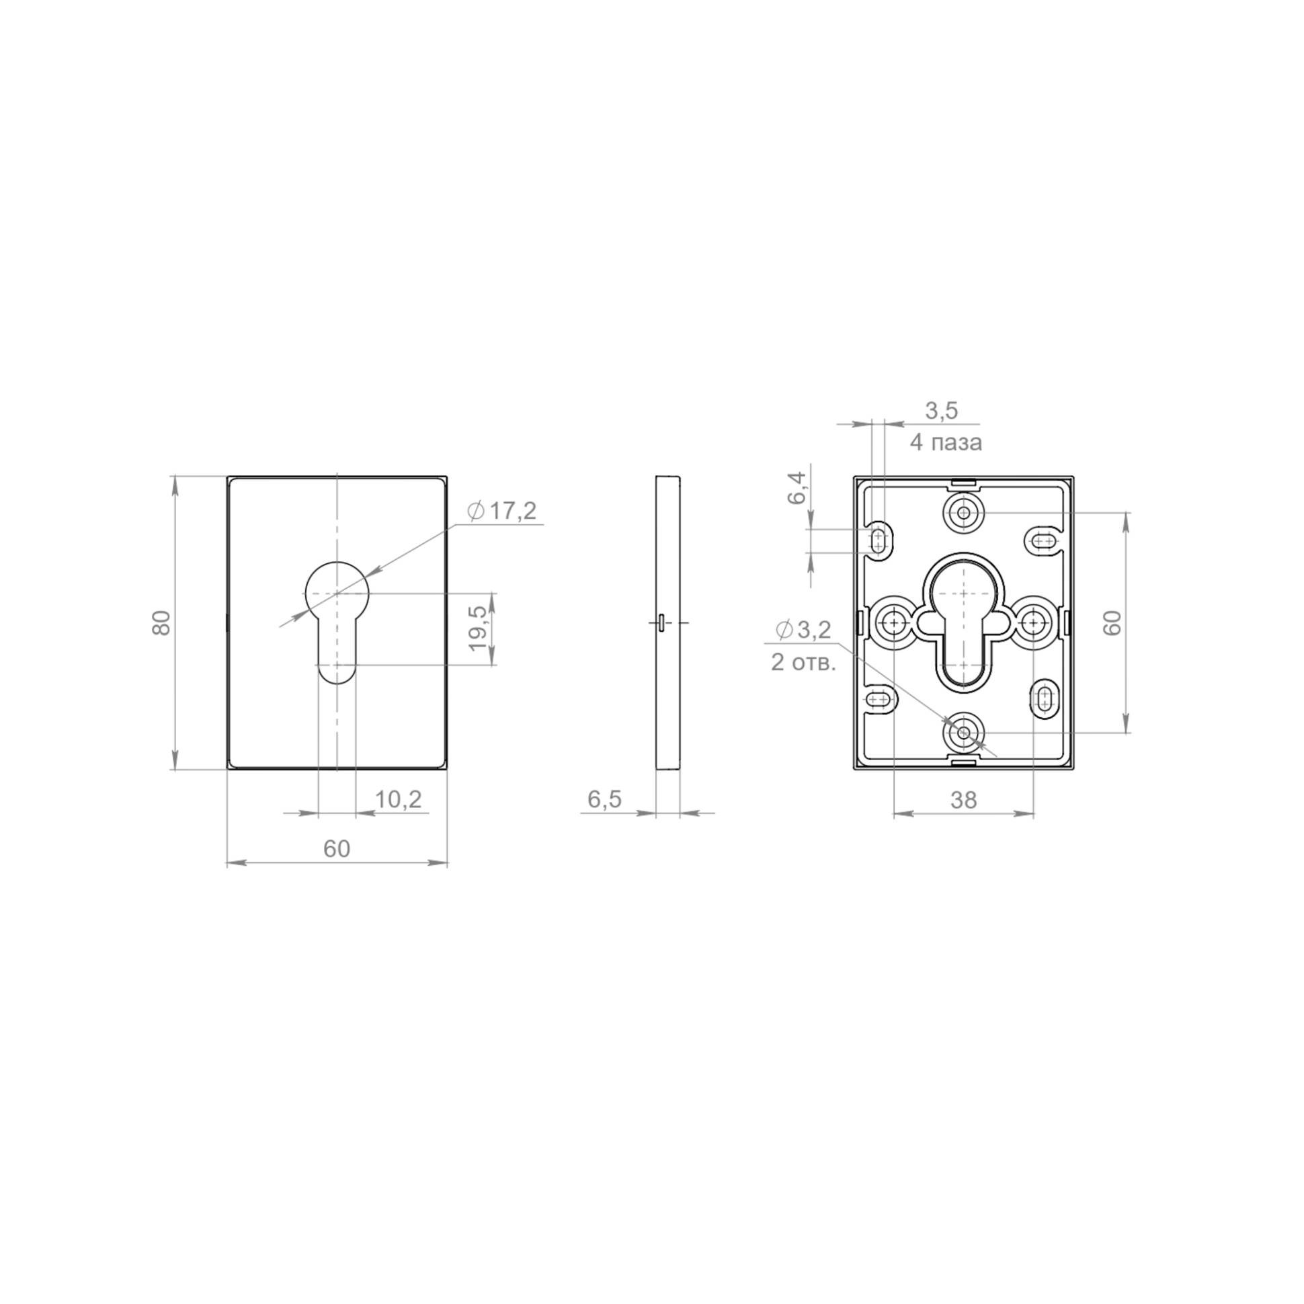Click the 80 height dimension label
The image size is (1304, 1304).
click(x=161, y=622)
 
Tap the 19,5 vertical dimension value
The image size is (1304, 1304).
click(x=478, y=628)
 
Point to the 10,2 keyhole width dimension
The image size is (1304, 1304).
click(x=398, y=799)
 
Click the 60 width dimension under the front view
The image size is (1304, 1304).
click(x=337, y=848)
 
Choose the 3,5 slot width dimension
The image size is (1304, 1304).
click(x=942, y=411)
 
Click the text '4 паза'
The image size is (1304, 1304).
click(x=946, y=443)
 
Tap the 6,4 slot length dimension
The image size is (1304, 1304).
click(x=797, y=488)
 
